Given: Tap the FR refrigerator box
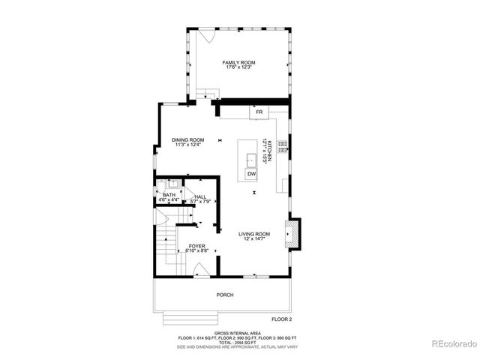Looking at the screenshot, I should [x=259, y=112].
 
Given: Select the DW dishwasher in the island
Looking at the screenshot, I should [x=252, y=173].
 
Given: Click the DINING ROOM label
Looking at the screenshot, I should [x=187, y=139].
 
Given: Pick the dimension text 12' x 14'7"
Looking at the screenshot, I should [x=254, y=239].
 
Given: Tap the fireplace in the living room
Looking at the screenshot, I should [x=294, y=233].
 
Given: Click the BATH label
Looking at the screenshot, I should [x=169, y=196].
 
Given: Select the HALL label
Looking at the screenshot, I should [x=200, y=196].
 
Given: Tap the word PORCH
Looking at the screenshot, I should [x=225, y=295].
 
